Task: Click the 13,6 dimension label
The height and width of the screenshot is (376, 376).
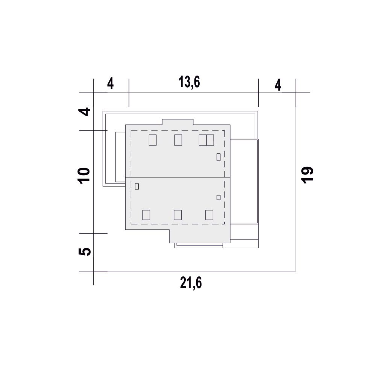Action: pos(189,82)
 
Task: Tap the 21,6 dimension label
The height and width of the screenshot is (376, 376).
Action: pos(191,283)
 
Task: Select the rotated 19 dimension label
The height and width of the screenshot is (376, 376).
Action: pos(307,175)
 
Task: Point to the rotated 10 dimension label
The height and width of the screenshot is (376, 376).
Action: pos(84,176)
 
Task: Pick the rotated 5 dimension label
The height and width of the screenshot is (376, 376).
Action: pos(84,252)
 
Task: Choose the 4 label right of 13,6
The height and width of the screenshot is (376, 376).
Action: pos(278,85)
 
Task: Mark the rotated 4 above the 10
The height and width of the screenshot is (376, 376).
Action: pos(84,112)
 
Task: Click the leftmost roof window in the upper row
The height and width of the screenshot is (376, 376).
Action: pos(153,140)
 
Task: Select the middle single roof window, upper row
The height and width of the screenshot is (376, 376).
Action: pos(178,140)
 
